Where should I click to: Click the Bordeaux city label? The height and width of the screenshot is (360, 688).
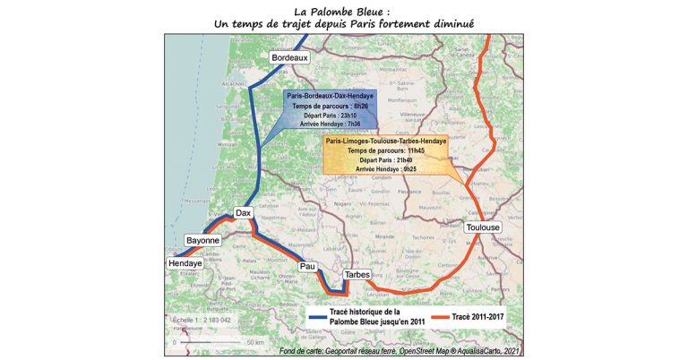click(289, 58)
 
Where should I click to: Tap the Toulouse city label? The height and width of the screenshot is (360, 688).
click(484, 227)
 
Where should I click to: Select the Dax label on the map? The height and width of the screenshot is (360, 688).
click(243, 213)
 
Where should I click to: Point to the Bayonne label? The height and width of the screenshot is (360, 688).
click(202, 241)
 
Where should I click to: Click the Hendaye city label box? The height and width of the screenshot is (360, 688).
click(185, 264)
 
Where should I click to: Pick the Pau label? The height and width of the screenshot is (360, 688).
click(308, 266)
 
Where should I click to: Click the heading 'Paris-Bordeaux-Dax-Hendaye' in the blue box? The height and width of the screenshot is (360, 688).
click(331, 95)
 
